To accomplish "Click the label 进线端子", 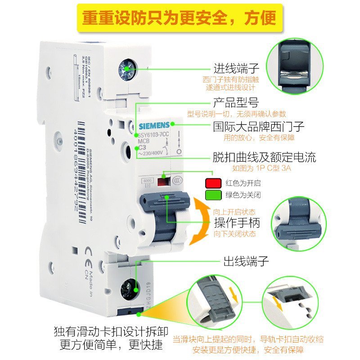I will click(236, 69).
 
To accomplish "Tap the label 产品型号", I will click(235, 102).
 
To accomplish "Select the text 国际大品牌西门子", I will click(259, 126).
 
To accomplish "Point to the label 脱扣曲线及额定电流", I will click(264, 157).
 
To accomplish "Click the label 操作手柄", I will click(237, 223).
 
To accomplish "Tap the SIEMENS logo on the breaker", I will click(153, 125).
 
